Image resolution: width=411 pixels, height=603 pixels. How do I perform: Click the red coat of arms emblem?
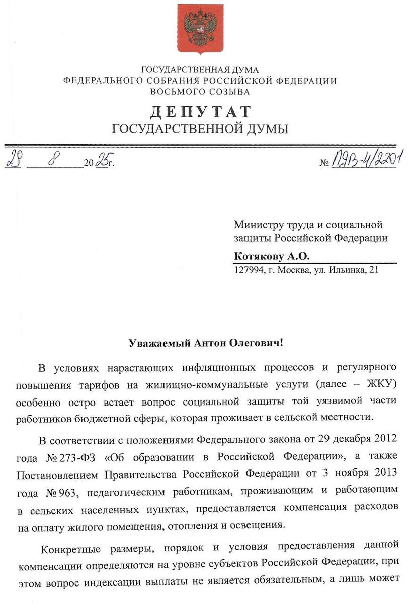click(200, 29)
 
